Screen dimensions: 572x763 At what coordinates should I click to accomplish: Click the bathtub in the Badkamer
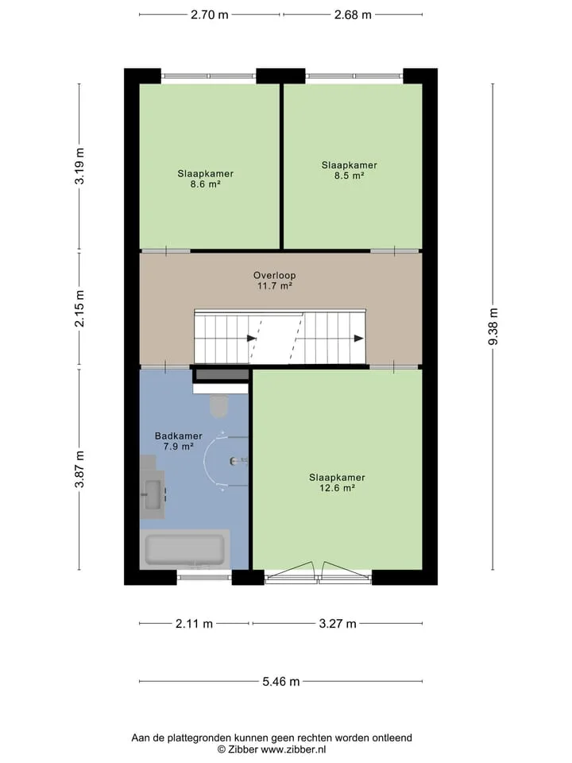185,549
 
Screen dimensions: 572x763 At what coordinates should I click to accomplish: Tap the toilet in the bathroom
219,406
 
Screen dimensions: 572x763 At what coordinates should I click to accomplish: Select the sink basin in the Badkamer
153,494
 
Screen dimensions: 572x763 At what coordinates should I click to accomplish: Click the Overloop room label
274,276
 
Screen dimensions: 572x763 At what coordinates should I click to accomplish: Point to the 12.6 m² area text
337,487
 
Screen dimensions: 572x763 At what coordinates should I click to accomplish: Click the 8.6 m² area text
205,184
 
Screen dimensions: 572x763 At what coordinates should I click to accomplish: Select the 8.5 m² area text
350,176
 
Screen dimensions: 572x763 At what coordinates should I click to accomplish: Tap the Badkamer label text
179,436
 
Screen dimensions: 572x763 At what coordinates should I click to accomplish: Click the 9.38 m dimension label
493,327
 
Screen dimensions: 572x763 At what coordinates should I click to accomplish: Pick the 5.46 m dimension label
281,681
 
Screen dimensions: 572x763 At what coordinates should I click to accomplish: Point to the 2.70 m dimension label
209,14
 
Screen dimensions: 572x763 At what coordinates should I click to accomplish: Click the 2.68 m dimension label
353,14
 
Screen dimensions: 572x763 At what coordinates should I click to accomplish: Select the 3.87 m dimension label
79,469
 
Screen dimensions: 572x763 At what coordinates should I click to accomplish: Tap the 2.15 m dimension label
79,308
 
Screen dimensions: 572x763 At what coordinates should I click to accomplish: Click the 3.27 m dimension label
338,623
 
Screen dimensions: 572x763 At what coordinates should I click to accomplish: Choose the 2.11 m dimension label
194,623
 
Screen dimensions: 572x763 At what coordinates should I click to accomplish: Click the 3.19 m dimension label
79,166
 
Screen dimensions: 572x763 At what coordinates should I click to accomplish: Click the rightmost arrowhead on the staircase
359,339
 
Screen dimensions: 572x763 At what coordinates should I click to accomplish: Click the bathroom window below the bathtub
204,577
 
